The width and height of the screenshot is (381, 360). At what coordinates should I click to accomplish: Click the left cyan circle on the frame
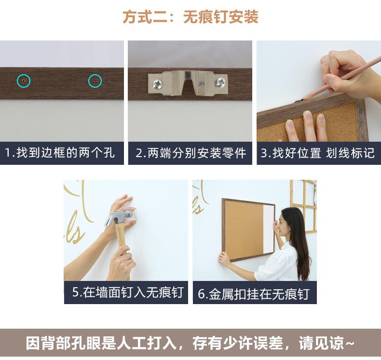click(x=17, y=81)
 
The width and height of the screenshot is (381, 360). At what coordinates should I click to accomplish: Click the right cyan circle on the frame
click(x=88, y=81)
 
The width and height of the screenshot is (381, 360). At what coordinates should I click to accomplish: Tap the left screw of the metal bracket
click(x=157, y=84)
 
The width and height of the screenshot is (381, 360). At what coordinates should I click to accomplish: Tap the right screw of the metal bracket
click(x=220, y=82)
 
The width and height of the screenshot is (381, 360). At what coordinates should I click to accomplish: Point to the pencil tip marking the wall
click(x=302, y=99)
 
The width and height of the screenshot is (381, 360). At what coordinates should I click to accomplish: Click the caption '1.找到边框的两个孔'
click(x=59, y=153)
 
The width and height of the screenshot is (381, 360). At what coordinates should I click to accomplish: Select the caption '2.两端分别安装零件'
click(x=191, y=153)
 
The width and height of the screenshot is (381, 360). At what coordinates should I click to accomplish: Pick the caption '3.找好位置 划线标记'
click(x=318, y=153)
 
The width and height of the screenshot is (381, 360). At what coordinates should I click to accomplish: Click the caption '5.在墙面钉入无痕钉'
click(x=128, y=292)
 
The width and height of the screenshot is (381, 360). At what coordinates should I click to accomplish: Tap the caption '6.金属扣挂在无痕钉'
click(x=253, y=293)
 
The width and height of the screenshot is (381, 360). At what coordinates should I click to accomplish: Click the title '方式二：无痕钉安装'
click(x=190, y=17)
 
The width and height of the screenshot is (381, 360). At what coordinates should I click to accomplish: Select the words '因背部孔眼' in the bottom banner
click(x=63, y=343)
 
